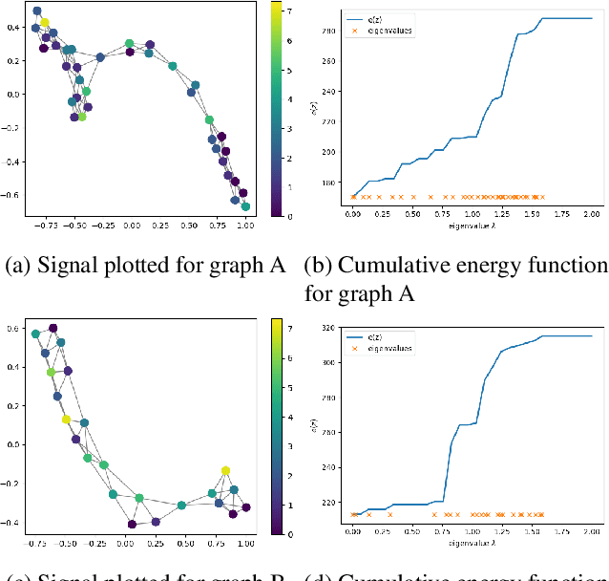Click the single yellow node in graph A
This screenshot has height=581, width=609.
pos(44,22)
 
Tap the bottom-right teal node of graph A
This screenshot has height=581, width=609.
pos(246,206)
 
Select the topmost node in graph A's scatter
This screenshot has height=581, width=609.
pos(37,11)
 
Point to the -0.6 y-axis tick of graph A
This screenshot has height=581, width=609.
pos(11,194)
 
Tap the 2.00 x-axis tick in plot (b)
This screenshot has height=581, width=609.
pos(592,216)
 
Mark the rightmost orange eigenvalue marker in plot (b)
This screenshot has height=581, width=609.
pos(542,197)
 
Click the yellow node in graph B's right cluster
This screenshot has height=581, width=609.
pos(225,470)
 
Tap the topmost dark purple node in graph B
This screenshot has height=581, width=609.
pos(53,328)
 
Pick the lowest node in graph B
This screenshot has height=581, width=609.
pos(133,524)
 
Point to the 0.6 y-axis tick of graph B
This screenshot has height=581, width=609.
pos(13,328)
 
